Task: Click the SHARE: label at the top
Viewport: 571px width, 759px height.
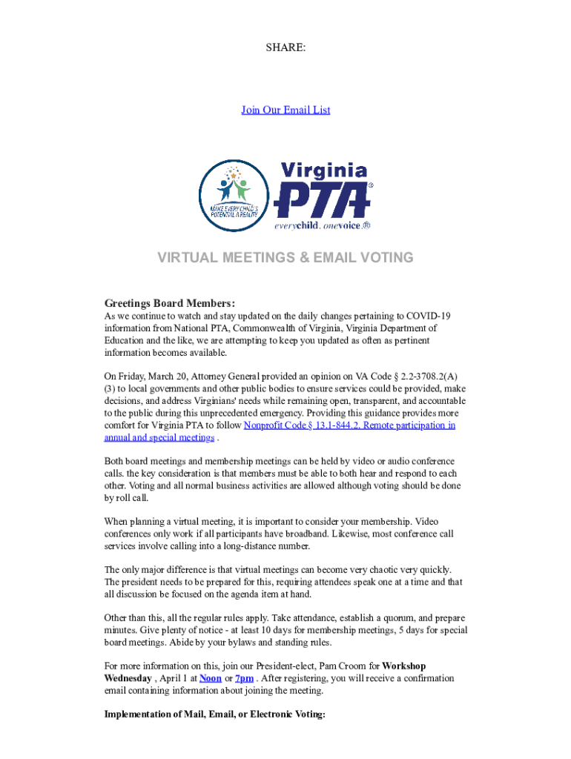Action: pyautogui.click(x=285, y=47)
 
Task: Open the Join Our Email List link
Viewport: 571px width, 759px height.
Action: pyautogui.click(x=285, y=110)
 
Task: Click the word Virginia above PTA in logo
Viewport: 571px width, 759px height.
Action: pyautogui.click(x=324, y=170)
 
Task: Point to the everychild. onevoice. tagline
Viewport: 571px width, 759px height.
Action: pyautogui.click(x=322, y=225)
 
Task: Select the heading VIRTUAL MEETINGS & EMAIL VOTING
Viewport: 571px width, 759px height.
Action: pyautogui.click(x=285, y=258)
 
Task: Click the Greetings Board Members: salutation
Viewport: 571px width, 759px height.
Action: pyautogui.click(x=170, y=303)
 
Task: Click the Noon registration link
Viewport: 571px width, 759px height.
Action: pyautogui.click(x=211, y=678)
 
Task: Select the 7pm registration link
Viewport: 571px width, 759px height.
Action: pyautogui.click(x=244, y=678)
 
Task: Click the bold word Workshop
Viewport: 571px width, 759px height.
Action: pyautogui.click(x=403, y=666)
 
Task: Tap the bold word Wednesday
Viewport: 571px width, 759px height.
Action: pyautogui.click(x=128, y=678)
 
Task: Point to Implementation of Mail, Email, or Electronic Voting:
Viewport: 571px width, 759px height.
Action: pyautogui.click(x=215, y=715)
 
